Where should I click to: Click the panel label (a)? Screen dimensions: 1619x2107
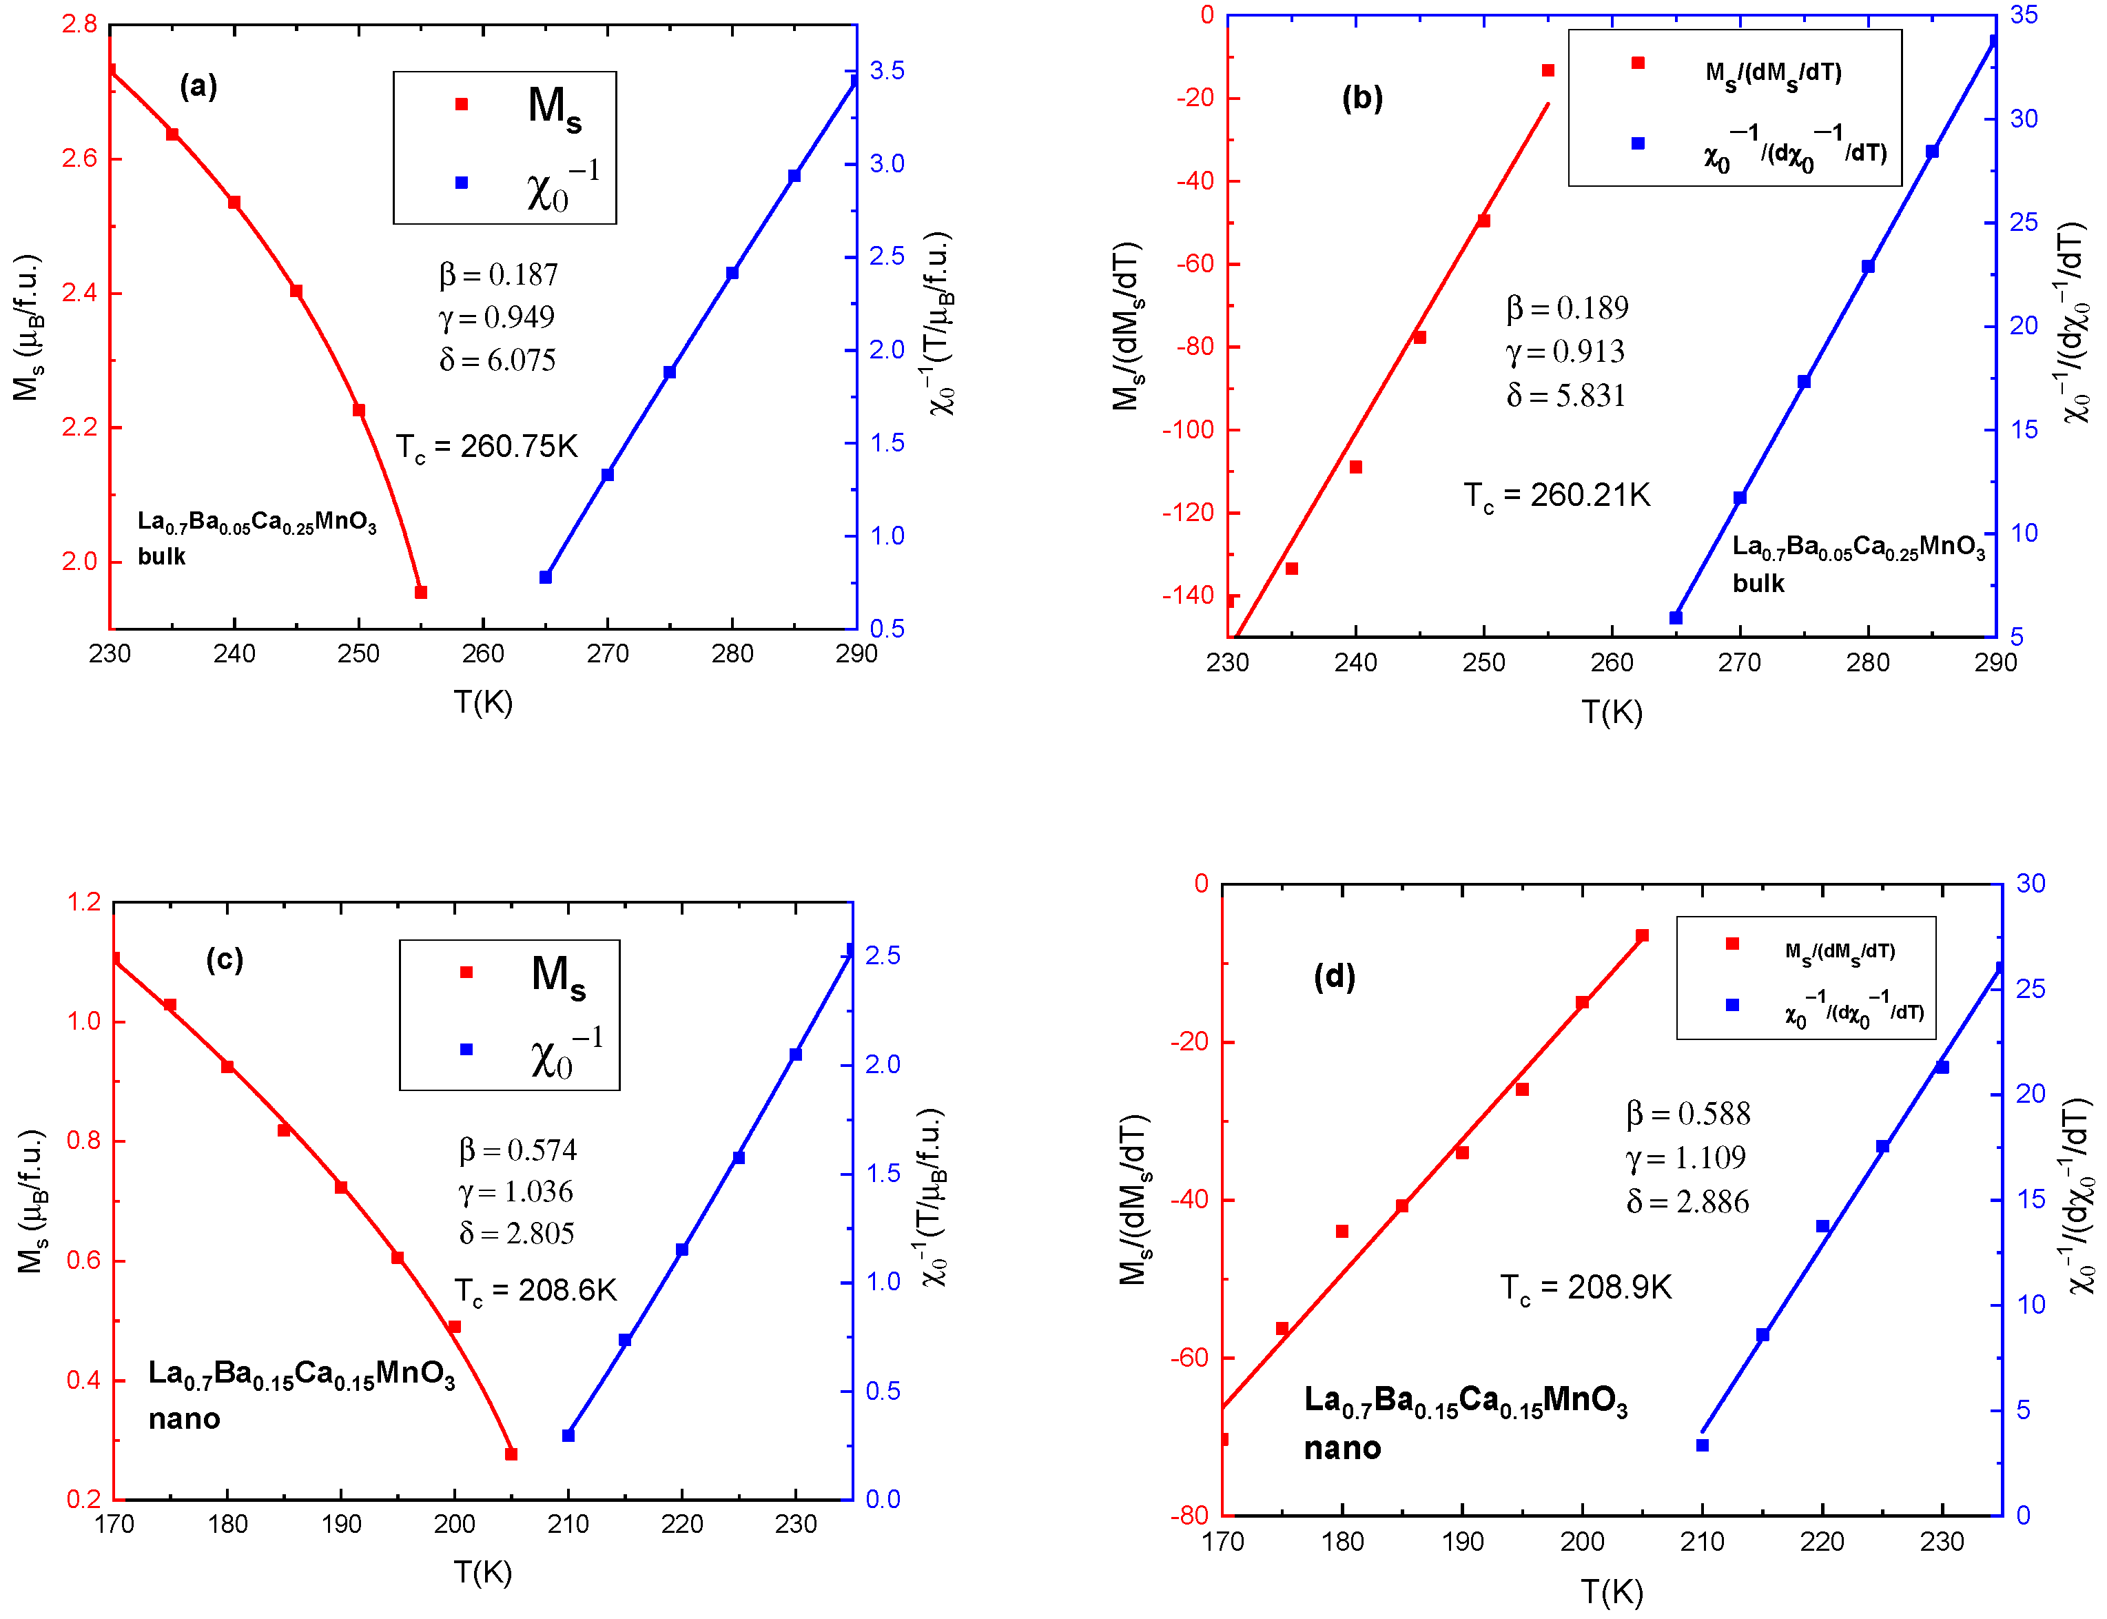[x=198, y=87]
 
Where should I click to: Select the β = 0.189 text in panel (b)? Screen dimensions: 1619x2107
[x=1567, y=308]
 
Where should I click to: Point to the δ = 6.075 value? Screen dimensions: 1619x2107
[x=497, y=360]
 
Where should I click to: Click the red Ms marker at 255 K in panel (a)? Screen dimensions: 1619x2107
[x=420, y=592]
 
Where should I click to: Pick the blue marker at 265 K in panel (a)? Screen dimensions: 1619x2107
[x=545, y=578]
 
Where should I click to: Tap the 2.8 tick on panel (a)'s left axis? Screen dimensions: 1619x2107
[x=79, y=24]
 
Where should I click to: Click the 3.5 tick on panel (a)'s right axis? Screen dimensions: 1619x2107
[x=886, y=70]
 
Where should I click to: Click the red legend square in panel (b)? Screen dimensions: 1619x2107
[x=1637, y=63]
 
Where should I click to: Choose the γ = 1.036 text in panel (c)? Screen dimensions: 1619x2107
[x=515, y=1192]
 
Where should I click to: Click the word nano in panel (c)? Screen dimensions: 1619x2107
[x=184, y=1418]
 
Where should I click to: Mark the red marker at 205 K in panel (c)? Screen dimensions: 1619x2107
[x=511, y=1454]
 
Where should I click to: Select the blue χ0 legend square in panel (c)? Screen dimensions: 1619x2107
[x=466, y=1050]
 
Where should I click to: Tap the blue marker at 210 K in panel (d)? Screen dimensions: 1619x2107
[x=1703, y=1445]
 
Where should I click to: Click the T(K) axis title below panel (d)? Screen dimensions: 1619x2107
[x=1611, y=1592]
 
